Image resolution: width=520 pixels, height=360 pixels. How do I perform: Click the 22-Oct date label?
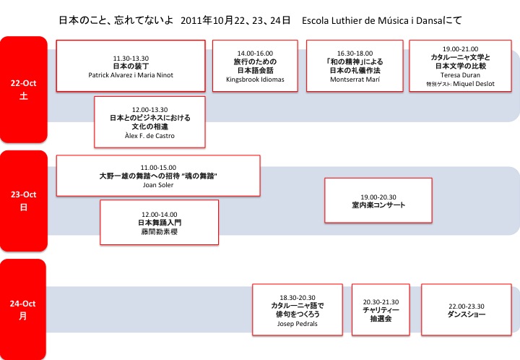(x=23, y=83)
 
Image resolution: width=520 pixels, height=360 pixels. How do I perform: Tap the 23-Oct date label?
(x=23, y=194)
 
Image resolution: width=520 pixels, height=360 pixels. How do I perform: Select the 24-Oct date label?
(x=22, y=304)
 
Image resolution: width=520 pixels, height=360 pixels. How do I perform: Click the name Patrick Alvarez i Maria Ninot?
(x=131, y=75)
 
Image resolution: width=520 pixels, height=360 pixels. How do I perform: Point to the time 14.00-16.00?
(x=255, y=53)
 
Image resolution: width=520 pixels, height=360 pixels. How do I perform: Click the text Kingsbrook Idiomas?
(x=255, y=80)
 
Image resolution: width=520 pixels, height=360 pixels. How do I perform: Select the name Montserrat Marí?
(x=355, y=80)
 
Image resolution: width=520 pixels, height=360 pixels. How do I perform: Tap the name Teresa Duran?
(x=460, y=75)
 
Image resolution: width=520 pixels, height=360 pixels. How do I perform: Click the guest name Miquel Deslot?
(x=474, y=84)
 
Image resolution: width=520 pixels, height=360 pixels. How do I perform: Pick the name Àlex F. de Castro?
(x=149, y=136)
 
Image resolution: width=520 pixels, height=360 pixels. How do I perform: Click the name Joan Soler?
(x=158, y=185)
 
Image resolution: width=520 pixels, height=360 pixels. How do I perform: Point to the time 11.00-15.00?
(x=158, y=168)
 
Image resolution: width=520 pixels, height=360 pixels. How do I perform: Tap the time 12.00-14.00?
(x=160, y=215)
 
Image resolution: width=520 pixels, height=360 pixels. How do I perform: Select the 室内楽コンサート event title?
(x=378, y=205)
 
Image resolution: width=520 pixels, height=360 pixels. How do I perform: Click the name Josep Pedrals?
(x=297, y=324)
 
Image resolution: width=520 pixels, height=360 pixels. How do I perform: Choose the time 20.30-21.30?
(x=381, y=302)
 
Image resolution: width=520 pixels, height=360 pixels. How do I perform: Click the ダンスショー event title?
(x=467, y=314)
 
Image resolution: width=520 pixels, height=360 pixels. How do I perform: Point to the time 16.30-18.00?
(x=355, y=53)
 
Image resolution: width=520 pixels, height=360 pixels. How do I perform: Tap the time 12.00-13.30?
(x=150, y=110)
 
